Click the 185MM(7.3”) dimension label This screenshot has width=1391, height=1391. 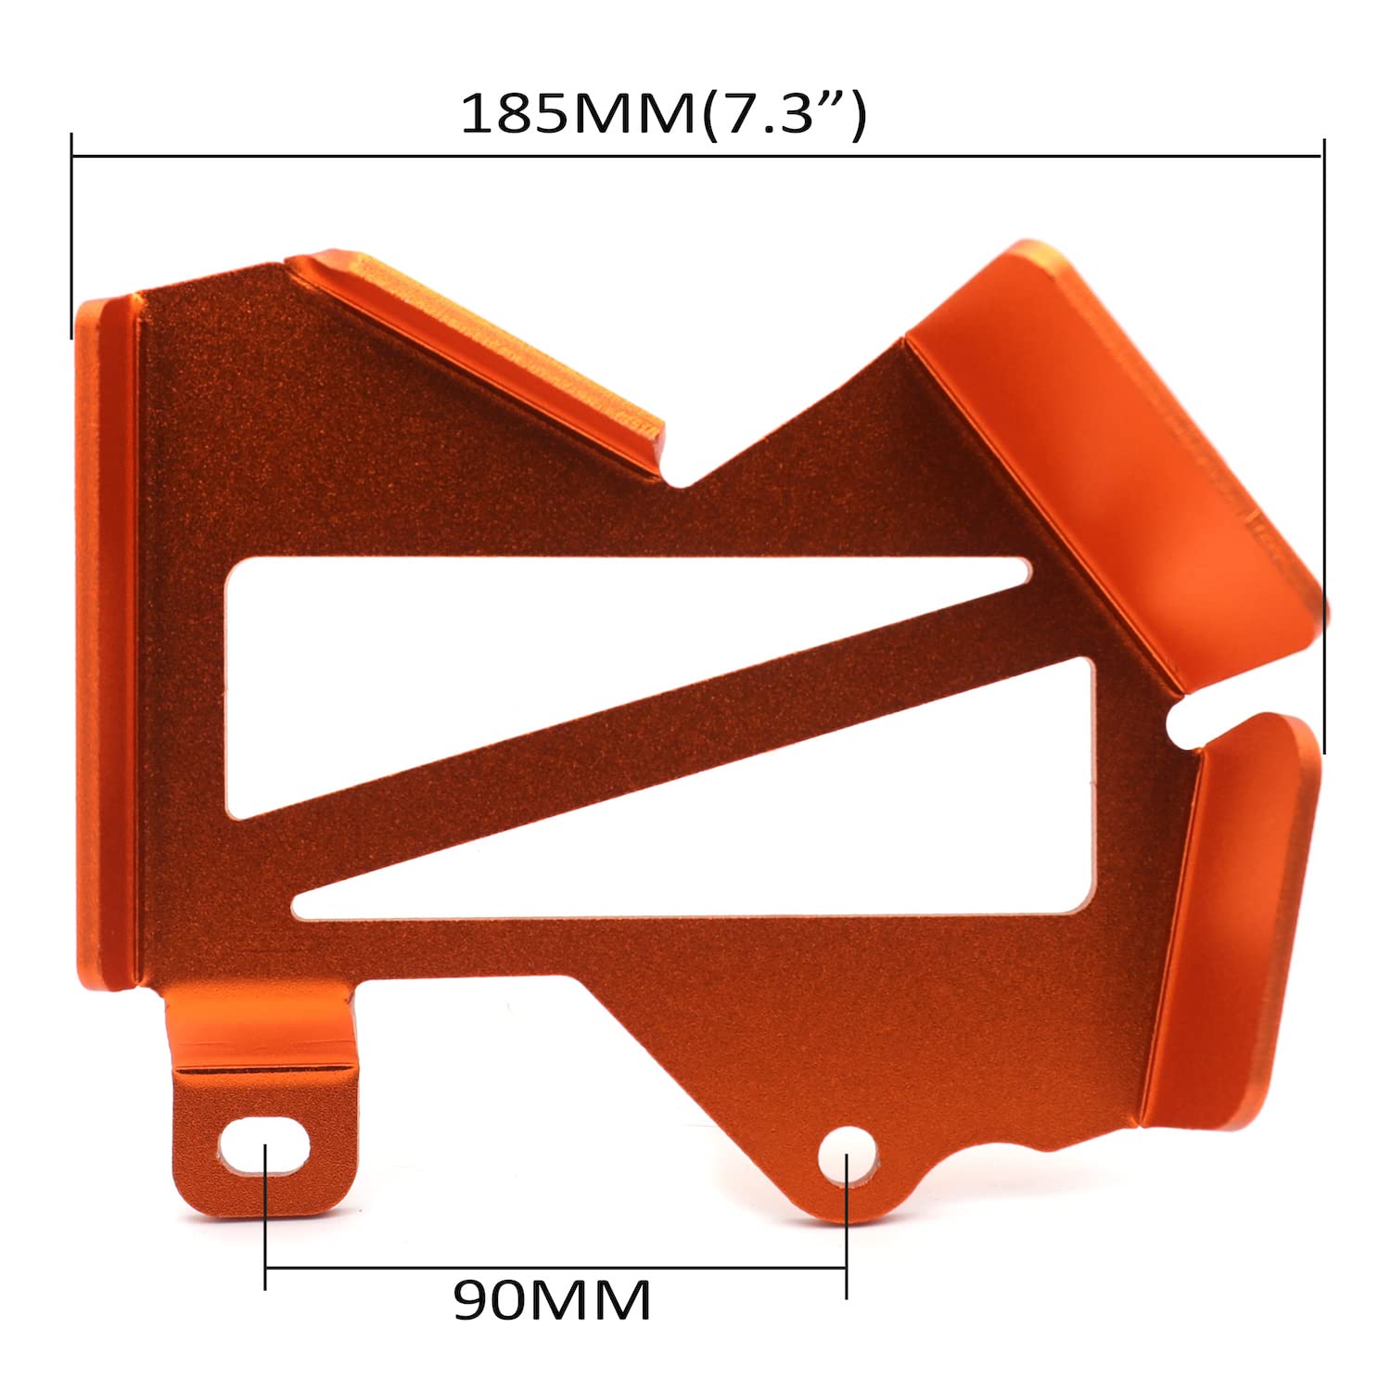[663, 115]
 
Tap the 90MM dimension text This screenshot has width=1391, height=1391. [553, 1301]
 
